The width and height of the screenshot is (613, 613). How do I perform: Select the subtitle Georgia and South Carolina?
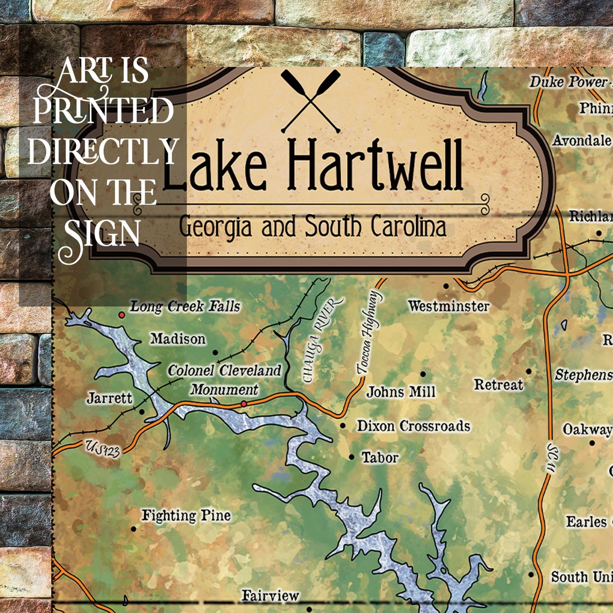pos(312,226)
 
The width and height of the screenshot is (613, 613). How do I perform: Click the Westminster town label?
pos(448,306)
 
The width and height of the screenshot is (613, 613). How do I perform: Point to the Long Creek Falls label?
pos(185,306)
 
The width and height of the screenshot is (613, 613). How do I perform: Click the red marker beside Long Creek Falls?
pos(122,314)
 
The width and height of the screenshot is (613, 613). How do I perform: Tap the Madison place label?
pos(178,339)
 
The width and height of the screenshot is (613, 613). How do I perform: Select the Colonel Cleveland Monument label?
pos(224,380)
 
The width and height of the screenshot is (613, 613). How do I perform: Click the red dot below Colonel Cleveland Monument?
pos(244,403)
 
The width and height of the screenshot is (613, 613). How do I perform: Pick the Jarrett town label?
pos(109,398)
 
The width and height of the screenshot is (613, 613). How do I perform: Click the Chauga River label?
pos(322,340)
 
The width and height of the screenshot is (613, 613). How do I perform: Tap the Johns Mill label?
pos(401,391)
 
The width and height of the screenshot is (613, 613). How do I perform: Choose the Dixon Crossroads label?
pos(414,426)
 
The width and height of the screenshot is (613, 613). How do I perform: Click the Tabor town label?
pos(380,458)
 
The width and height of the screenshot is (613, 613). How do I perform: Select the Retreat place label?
pos(498,384)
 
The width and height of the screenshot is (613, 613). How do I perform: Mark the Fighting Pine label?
pos(186,515)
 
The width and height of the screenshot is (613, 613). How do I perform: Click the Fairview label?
pos(270,595)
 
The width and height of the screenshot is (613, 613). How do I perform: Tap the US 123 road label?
pos(102,447)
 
